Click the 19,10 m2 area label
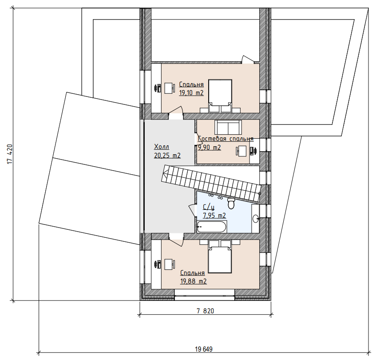coord(191,93)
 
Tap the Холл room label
coord(162,147)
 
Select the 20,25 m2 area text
coord(167,155)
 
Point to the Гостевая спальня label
coord(226,139)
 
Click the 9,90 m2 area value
coord(210,148)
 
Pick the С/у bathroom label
coord(209,207)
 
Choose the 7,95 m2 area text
coord(214,216)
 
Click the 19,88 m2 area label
coord(194,281)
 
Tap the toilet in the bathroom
coord(231,203)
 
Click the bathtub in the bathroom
coord(212,227)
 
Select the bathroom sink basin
coord(256,219)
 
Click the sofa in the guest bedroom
coord(228,127)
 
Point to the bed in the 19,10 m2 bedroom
coord(220,93)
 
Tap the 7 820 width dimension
coord(205,311)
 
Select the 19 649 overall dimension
coord(204,349)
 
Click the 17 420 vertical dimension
coord(10,154)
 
